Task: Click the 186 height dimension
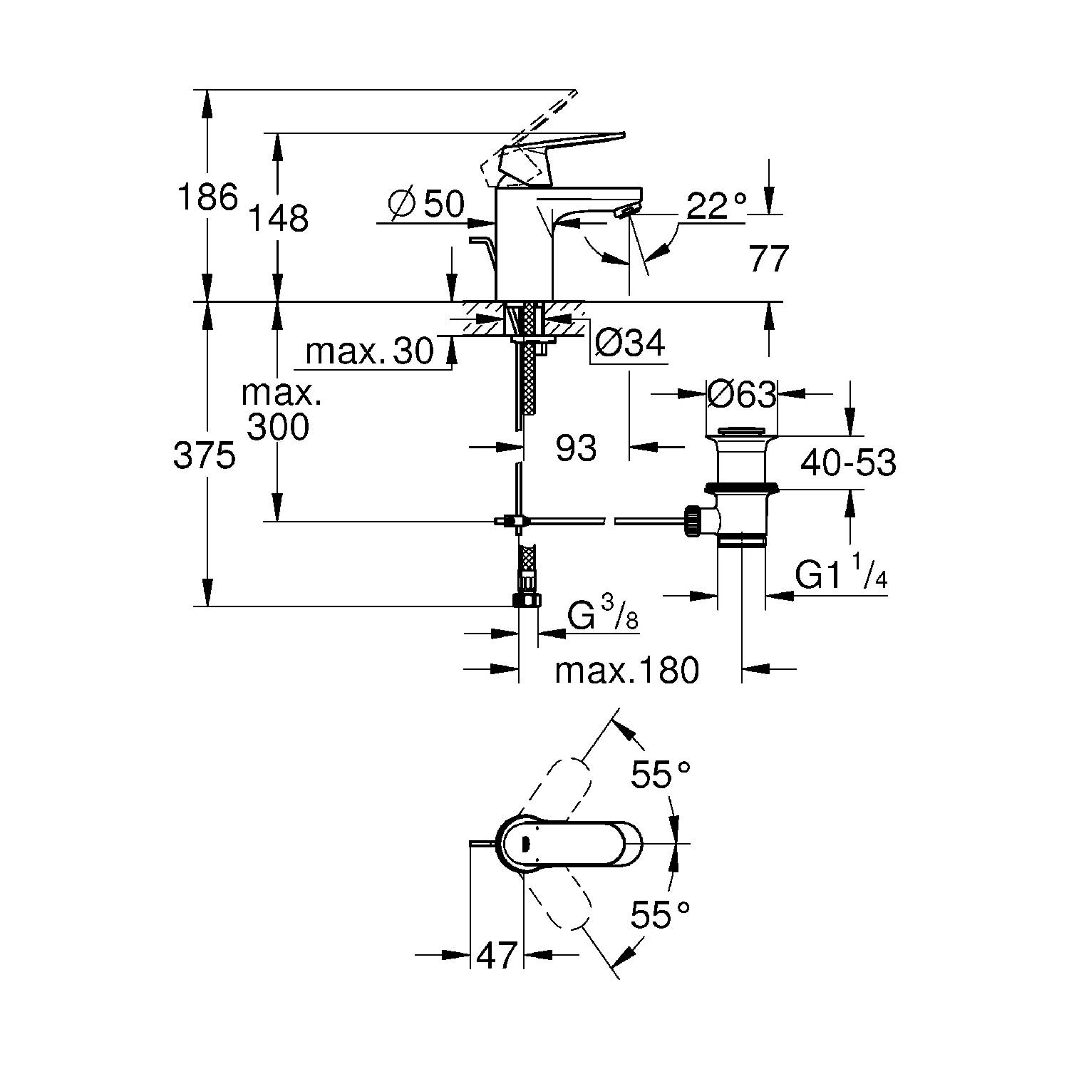pos(207,197)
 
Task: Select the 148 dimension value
pos(279,218)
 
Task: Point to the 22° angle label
pos(717,207)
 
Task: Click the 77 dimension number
pos(768,259)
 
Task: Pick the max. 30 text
pos(369,351)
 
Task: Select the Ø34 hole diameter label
pos(629,344)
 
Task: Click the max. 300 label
pos(279,410)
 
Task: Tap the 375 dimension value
pos(205,456)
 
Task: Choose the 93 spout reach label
pos(576,448)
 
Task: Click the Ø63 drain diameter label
pos(741,393)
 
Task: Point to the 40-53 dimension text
pos(848,463)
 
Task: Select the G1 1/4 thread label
pos(841,576)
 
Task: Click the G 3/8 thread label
pos(603,616)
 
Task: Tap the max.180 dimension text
pos(627,671)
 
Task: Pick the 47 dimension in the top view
pos(496,955)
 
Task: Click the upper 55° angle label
pos(661,775)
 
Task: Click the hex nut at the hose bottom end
pos(527,600)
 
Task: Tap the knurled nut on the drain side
pos(691,522)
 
